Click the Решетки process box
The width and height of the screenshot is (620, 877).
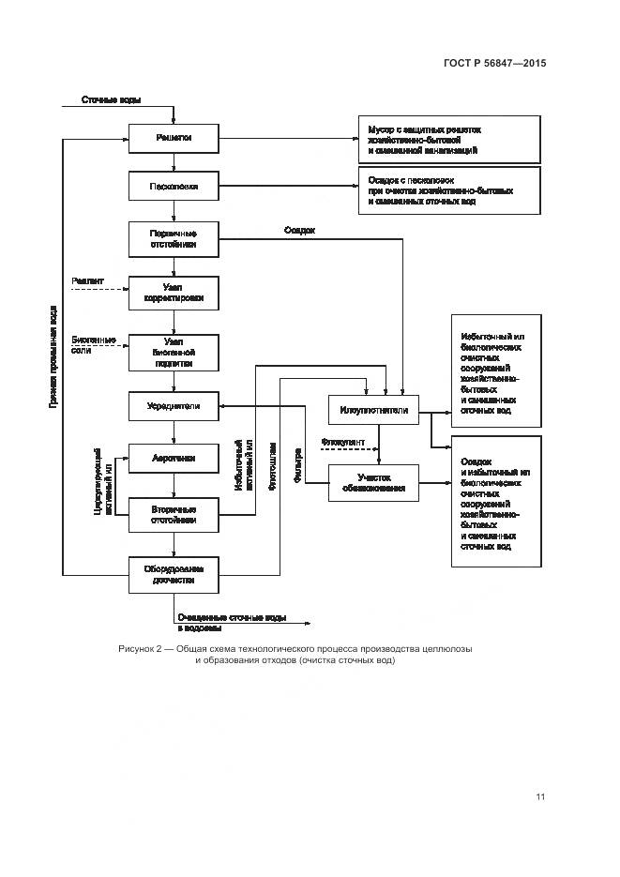tap(174, 138)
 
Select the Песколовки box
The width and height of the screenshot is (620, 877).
tap(174, 186)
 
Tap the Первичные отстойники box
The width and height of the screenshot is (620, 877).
tap(174, 238)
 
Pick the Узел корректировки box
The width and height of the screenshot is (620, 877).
tap(174, 294)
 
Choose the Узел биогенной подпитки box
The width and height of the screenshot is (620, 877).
tap(174, 352)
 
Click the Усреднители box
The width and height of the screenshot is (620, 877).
tap(174, 406)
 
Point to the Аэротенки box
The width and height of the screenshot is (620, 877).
tap(174, 459)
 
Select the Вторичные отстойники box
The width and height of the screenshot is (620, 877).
tap(174, 513)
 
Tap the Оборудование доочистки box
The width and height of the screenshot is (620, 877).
tap(174, 574)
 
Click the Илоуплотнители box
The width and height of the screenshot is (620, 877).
tap(373, 410)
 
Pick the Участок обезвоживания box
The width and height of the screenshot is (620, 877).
tap(373, 482)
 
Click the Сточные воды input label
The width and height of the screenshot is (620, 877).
tap(111, 99)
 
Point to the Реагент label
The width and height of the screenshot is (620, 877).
tap(87, 281)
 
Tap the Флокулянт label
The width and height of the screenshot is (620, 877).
tap(341, 441)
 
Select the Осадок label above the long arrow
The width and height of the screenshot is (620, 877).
tap(299, 230)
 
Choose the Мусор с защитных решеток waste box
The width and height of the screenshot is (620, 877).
tap(449, 139)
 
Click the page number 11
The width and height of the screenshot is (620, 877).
tap(540, 796)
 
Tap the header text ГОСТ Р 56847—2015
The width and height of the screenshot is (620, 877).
tap(495, 64)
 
